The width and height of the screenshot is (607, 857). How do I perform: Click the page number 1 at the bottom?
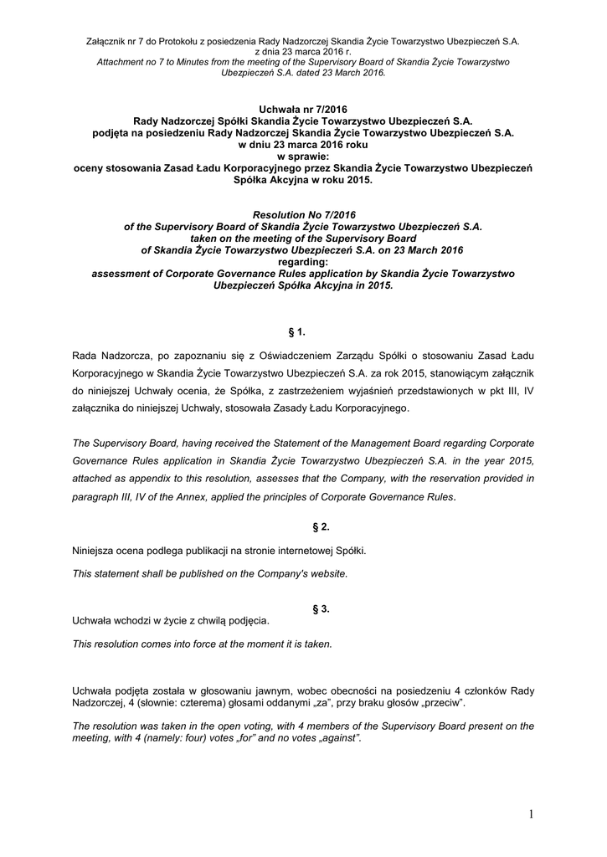coord(532,814)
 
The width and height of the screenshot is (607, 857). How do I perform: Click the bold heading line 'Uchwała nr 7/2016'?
coord(303,109)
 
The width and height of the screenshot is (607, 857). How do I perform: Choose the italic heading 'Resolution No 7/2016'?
coord(303,215)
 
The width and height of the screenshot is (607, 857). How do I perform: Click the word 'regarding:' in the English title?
coord(303,261)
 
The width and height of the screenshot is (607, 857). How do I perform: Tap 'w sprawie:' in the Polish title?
coord(303,156)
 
